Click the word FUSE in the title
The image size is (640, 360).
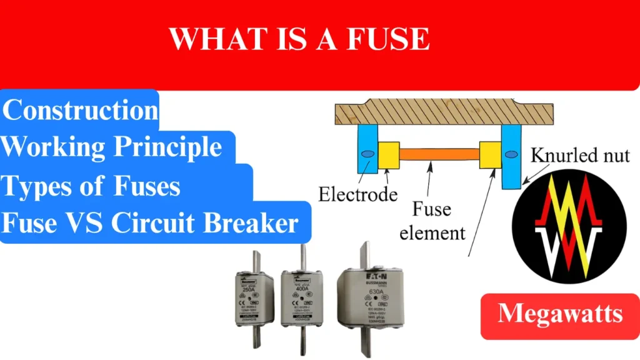[x=389, y=39]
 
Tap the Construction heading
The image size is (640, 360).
[x=81, y=111]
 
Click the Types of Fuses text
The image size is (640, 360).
[x=92, y=186]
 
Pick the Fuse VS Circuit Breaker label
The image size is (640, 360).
[x=150, y=222]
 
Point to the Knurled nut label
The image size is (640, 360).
[x=580, y=156]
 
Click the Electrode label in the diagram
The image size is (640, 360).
[x=357, y=194]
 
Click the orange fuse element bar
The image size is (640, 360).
[x=439, y=153]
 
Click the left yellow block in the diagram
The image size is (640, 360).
[x=388, y=155]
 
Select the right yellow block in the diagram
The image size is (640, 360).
[x=490, y=155]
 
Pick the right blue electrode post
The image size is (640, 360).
[x=511, y=156]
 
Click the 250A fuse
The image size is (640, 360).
[x=256, y=299]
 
